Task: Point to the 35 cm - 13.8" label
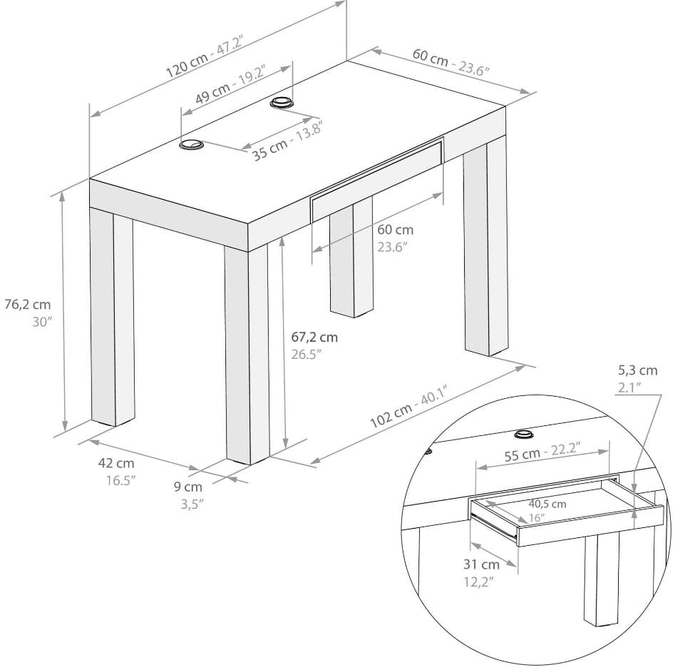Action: (x=287, y=141)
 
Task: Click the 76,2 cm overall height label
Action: (x=28, y=305)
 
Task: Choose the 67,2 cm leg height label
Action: (x=314, y=337)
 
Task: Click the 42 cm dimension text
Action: (x=116, y=464)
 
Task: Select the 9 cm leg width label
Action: (x=188, y=487)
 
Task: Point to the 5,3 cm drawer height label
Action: (x=637, y=370)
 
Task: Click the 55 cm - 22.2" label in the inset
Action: (x=542, y=452)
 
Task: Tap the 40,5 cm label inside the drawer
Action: (x=547, y=504)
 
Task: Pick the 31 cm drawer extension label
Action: (x=481, y=564)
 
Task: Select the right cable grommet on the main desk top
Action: (x=282, y=103)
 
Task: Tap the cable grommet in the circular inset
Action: (x=524, y=434)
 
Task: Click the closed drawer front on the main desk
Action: (x=378, y=180)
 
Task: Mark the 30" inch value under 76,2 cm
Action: (x=42, y=322)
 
